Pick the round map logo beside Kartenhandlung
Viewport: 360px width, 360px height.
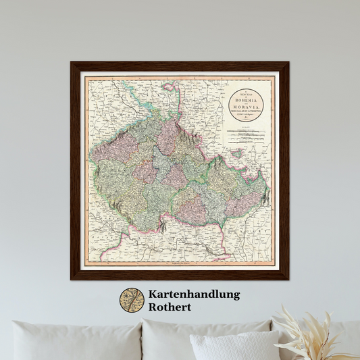click(x=132, y=301)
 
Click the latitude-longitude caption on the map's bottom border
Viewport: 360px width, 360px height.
click(x=178, y=263)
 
